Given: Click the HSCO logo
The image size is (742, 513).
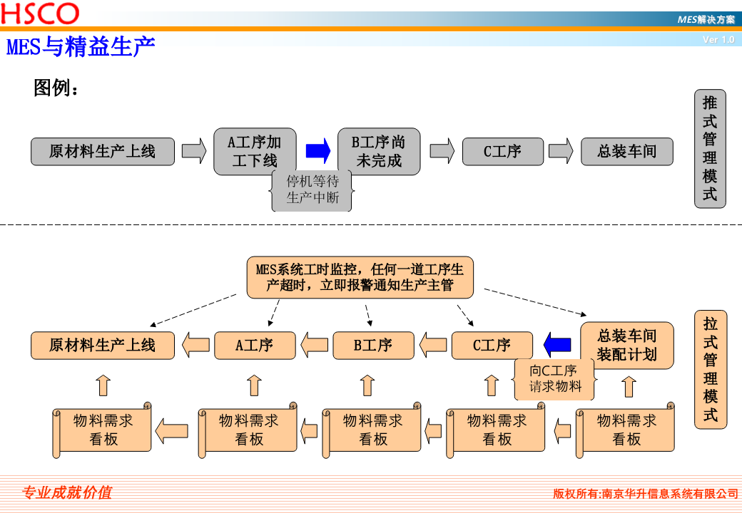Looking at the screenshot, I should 40,13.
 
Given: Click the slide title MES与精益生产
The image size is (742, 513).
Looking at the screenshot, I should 81,47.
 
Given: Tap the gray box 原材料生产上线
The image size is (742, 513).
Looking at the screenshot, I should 102,152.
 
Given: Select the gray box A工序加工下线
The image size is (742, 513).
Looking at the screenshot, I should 254,152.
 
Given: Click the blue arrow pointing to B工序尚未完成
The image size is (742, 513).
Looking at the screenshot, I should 318,151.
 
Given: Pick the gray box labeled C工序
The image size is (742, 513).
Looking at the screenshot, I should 502,152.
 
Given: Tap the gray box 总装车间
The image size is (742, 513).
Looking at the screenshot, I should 626,152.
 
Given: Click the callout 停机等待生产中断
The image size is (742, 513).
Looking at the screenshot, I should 312,190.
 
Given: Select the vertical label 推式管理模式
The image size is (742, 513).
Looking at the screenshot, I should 710,149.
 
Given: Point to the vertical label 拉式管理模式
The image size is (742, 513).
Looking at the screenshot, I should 710,370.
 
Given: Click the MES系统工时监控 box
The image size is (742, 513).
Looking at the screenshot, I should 360,278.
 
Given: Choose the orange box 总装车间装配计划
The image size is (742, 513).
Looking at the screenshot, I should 626,345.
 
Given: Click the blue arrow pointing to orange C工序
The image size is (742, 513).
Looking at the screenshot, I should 557,346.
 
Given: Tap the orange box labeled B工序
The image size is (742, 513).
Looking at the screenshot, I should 373,346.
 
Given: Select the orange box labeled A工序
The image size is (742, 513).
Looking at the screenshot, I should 255,346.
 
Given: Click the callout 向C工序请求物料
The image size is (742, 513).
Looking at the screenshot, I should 554,378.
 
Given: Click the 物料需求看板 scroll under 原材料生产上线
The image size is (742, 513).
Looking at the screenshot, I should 103,430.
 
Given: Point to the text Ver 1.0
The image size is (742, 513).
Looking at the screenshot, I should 718,40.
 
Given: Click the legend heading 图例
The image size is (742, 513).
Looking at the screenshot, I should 56,88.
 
